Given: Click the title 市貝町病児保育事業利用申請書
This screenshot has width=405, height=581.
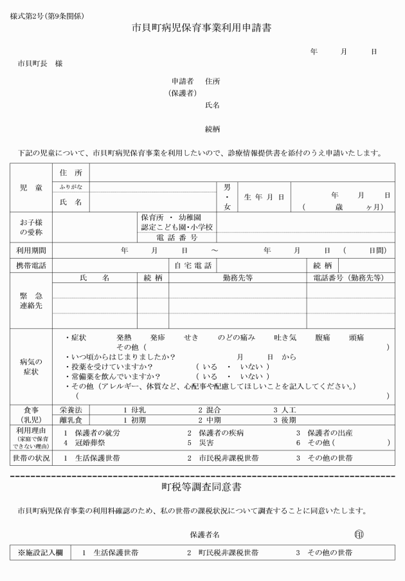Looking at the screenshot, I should tap(202, 29).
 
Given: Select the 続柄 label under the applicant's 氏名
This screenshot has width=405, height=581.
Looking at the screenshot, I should tap(212, 129).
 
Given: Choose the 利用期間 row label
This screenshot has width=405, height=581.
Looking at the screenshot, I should tap(31, 250).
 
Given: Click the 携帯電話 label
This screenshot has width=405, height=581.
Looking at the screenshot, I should tap(31, 265).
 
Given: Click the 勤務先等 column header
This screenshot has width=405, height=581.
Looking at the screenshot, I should tap(237, 278).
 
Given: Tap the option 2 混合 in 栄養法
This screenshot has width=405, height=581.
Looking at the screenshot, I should tap(209, 409).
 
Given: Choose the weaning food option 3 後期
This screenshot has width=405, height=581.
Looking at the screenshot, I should tap(285, 420).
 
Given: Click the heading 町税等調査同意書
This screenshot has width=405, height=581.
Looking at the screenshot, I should tap(202, 486).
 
